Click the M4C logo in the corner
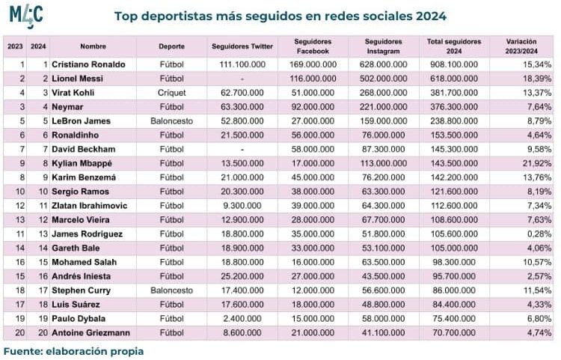(26, 16)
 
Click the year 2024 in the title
(431, 16)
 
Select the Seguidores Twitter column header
(242, 46)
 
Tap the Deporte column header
(172, 46)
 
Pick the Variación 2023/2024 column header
(521, 46)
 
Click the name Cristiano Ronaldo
(88, 64)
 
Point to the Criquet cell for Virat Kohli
(172, 93)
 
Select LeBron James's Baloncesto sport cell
(172, 121)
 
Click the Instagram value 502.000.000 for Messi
(383, 79)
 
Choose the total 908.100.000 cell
(454, 64)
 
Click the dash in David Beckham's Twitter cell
(242, 150)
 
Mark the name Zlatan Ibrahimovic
(90, 206)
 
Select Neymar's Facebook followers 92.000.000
(313, 107)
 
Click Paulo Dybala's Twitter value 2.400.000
(242, 319)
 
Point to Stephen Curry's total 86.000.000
(454, 290)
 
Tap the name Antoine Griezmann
(91, 333)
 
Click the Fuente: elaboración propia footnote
(74, 352)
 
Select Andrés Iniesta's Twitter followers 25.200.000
(242, 276)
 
